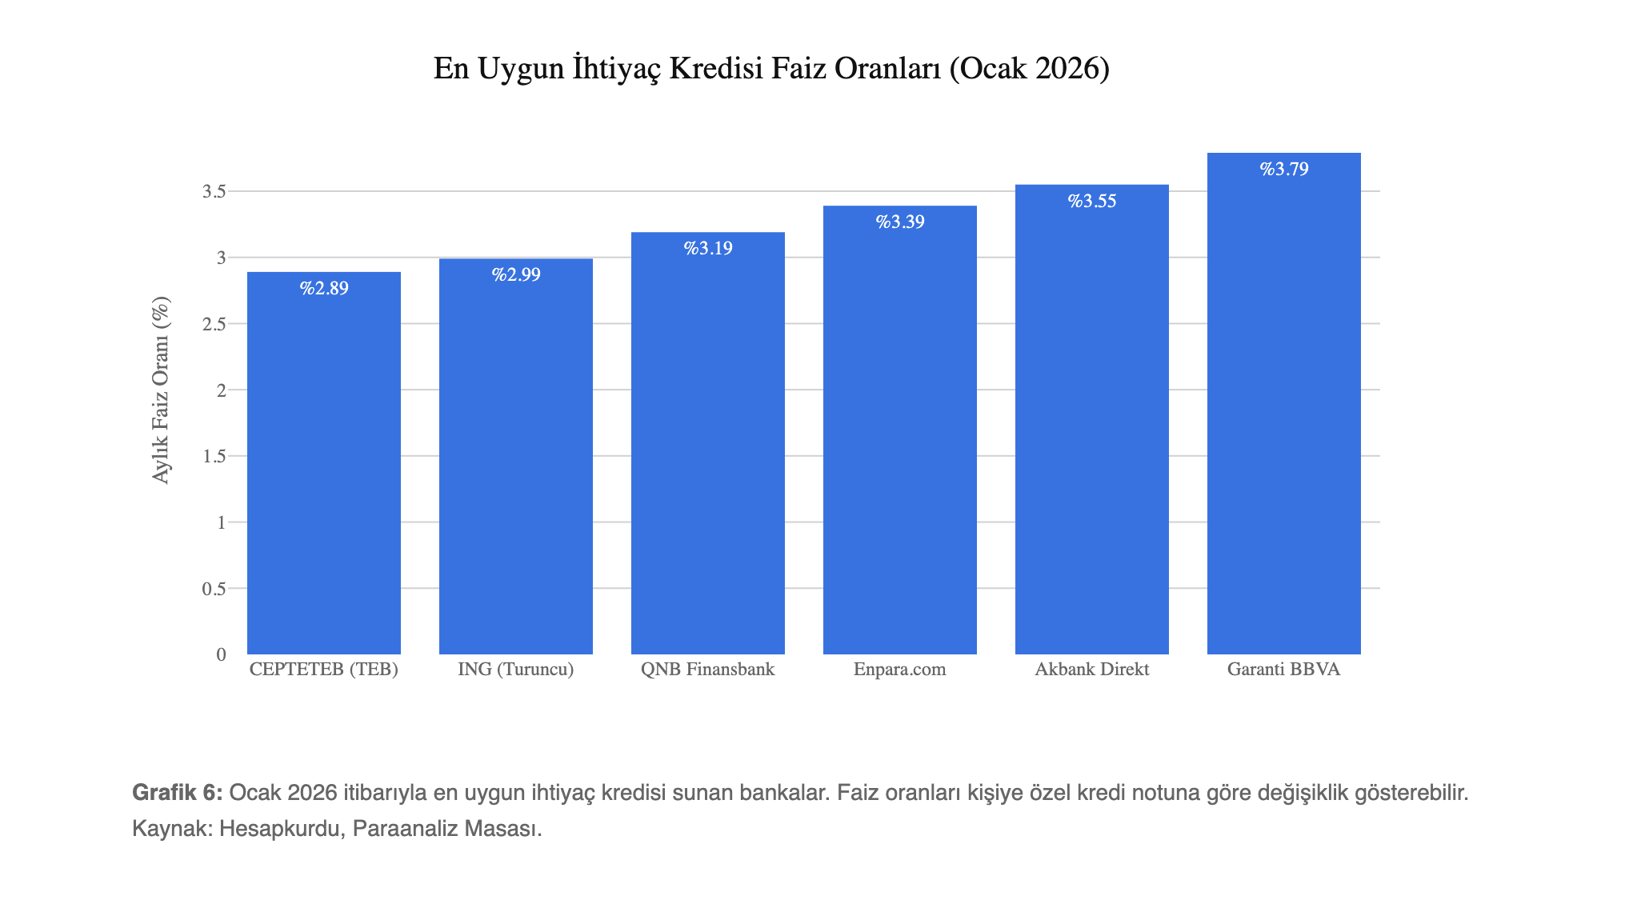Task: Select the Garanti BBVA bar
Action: click(x=1283, y=416)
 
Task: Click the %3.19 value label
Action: click(x=708, y=248)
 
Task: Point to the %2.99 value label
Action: click(x=516, y=274)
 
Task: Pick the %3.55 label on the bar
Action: click(x=1092, y=201)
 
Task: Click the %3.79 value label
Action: click(x=1284, y=169)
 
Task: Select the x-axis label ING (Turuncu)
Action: click(x=516, y=670)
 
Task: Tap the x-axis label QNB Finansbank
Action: click(x=708, y=670)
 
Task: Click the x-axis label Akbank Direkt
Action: click(x=1092, y=670)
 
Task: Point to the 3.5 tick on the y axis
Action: click(x=214, y=191)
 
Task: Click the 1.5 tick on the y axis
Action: click(x=214, y=456)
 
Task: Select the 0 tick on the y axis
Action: click(x=221, y=654)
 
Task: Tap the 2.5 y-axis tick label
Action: click(x=214, y=324)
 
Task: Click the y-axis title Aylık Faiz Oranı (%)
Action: click(x=161, y=390)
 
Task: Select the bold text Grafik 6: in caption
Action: click(x=177, y=793)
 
